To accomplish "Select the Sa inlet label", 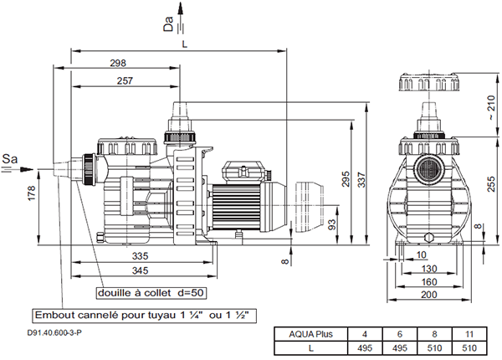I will (10, 157).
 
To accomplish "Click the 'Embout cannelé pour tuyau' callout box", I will (142, 316).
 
